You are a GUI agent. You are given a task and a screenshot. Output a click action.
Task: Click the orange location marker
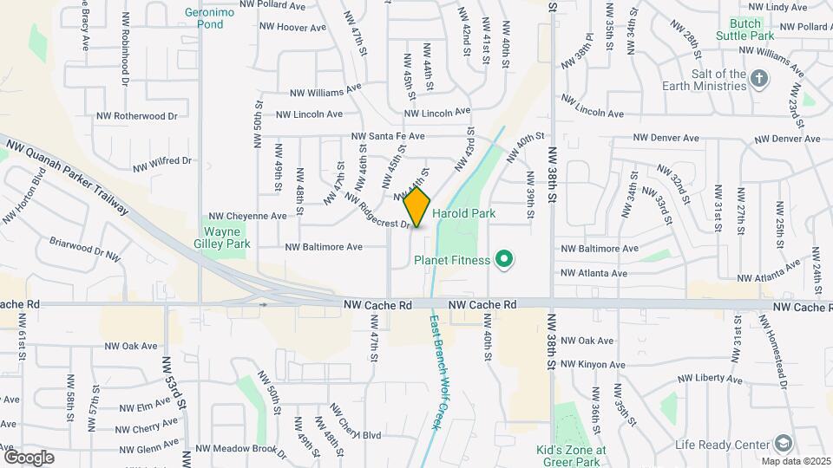[x=417, y=207]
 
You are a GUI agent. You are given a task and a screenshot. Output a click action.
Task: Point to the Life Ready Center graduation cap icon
[x=784, y=444]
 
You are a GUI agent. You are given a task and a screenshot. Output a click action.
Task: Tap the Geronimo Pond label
[x=204, y=18]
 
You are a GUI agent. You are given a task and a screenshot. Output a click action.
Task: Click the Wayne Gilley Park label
[x=227, y=237]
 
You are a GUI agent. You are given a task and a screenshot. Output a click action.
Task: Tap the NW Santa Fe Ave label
[x=388, y=136]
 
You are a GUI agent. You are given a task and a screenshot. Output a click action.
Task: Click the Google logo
[x=29, y=457]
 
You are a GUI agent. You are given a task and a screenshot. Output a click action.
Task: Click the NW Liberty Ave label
[x=711, y=379]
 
